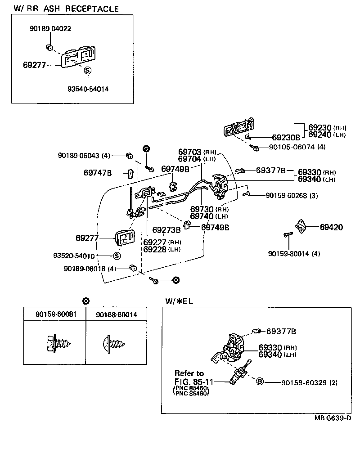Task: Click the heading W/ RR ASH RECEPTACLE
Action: click(66, 9)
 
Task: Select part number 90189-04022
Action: click(50, 28)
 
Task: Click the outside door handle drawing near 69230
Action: click(238, 128)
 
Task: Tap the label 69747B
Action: click(97, 172)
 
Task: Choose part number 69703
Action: click(190, 152)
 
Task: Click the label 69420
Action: click(331, 227)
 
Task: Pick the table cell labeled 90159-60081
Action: click(54, 315)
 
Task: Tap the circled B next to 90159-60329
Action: click(260, 382)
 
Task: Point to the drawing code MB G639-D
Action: click(332, 418)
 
